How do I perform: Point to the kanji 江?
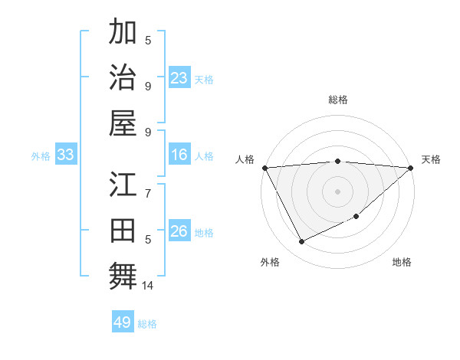point(123,186)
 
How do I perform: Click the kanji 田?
point(123,231)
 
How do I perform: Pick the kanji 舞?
point(123,275)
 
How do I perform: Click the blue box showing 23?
point(179,78)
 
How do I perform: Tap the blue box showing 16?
point(179,155)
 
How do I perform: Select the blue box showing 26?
point(179,232)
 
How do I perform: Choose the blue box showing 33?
point(66,155)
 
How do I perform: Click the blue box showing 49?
point(123,322)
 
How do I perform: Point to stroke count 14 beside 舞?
point(148,286)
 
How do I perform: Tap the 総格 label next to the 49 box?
point(147,324)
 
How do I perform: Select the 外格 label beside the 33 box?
point(41,156)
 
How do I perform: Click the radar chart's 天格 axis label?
point(431,159)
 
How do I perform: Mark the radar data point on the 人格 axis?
point(264,167)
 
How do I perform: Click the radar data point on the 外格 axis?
point(301,242)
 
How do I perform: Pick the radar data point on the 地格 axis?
point(356,217)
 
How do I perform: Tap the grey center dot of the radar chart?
point(337,191)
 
